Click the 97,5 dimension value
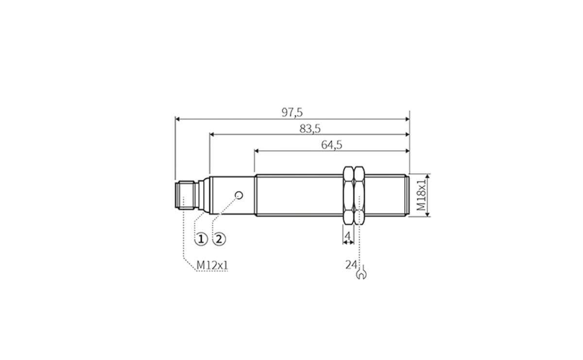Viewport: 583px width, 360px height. click(292, 112)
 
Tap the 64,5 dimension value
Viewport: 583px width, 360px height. click(332, 145)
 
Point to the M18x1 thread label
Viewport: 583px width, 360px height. click(421, 195)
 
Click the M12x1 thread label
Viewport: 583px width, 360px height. click(212, 266)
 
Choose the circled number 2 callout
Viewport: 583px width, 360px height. click(219, 239)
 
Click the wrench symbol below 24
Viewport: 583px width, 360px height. click(361, 274)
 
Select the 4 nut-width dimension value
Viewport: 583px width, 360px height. click(348, 237)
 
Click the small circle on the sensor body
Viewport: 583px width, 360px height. click(238, 195)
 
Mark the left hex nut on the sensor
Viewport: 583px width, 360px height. click(348, 195)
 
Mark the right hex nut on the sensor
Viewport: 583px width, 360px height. click(360, 195)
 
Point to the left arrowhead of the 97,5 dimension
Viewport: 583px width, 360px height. click(178, 118)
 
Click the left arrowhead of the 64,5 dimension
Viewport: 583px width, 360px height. click(257, 151)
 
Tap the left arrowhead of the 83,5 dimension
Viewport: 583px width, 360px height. click(213, 134)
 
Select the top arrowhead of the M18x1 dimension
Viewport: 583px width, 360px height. click(427, 176)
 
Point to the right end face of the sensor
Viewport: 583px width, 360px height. click(409, 195)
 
